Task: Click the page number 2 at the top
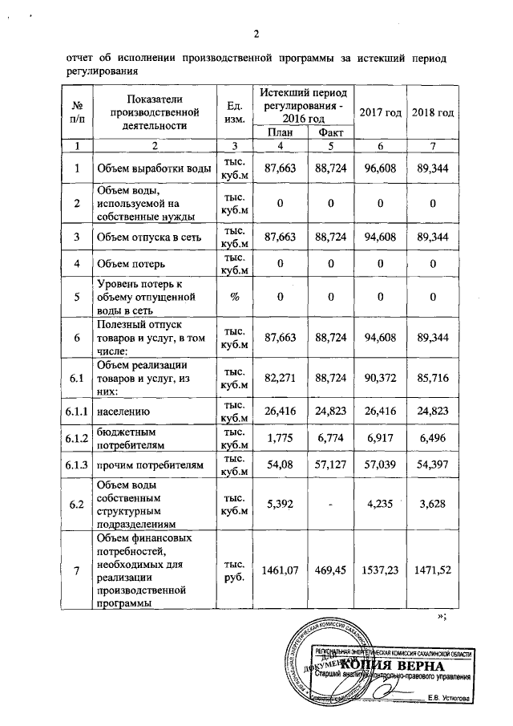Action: click(x=256, y=34)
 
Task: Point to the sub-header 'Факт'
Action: click(x=328, y=132)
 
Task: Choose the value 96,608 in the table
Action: click(x=381, y=169)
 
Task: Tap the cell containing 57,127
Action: click(x=328, y=465)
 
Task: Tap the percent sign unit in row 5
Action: click(x=235, y=297)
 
